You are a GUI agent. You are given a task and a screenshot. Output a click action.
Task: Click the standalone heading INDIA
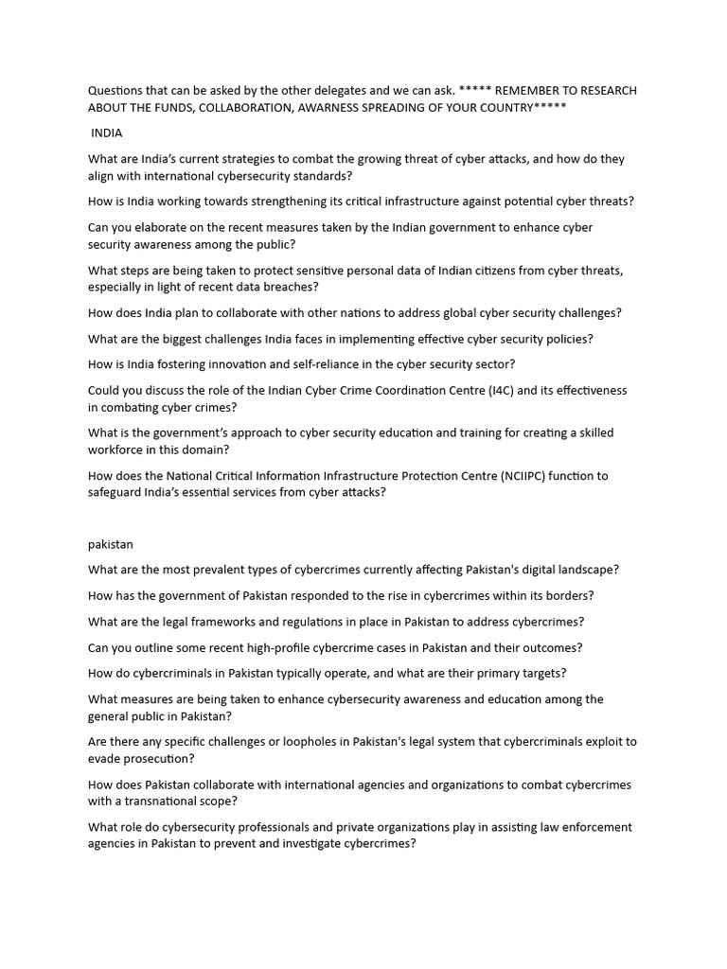pos(107,133)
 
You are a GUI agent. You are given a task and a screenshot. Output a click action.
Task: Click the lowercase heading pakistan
pos(112,544)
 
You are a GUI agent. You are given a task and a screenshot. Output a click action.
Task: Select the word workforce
pos(118,450)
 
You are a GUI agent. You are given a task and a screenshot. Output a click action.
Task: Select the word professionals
pos(313,827)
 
